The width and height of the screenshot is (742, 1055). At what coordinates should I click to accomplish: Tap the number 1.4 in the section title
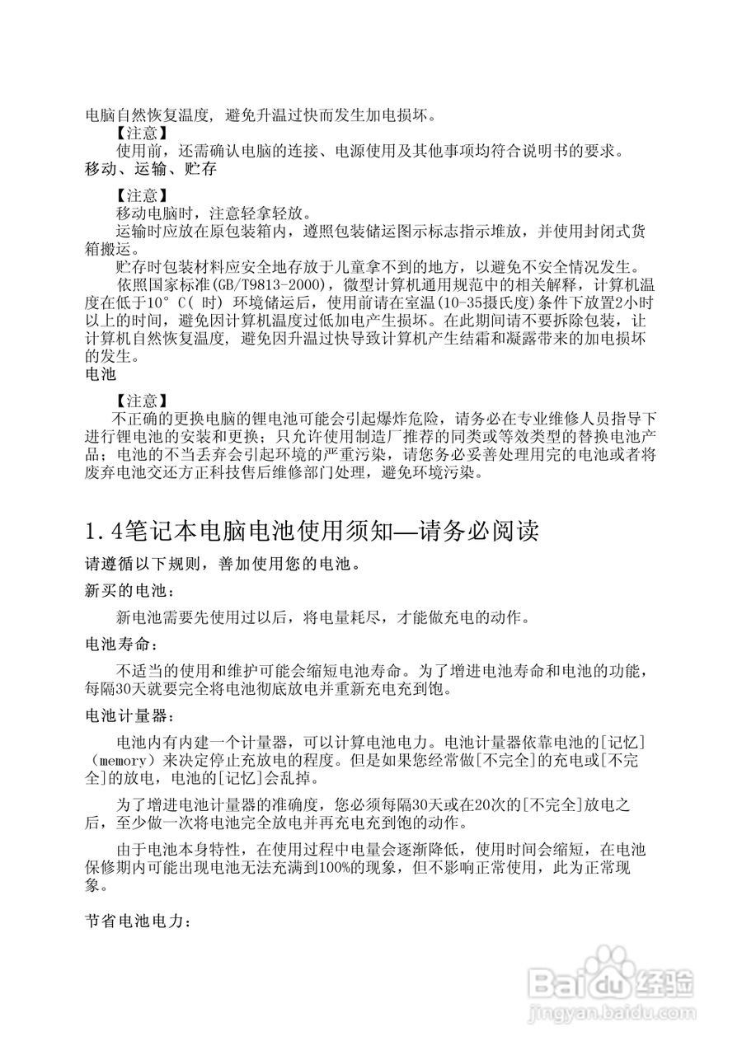click(101, 531)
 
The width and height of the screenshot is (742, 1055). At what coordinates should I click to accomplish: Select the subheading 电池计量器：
click(129, 711)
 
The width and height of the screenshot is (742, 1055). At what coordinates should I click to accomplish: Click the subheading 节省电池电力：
click(139, 919)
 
